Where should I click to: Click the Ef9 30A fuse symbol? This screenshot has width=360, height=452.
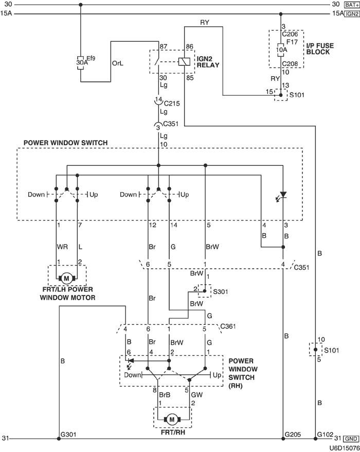pyautogui.click(x=80, y=62)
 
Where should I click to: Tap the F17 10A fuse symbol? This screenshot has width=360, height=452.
pyautogui.click(x=281, y=50)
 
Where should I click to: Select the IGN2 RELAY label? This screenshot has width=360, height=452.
pyautogui.click(x=208, y=62)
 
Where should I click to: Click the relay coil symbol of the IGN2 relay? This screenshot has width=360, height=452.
pyautogui.click(x=184, y=61)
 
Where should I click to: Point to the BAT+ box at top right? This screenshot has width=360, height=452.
pyautogui.click(x=352, y=5)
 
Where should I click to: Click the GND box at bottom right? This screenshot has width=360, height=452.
pyautogui.click(x=351, y=439)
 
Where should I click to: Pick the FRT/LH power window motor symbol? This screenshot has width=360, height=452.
pyautogui.click(x=67, y=278)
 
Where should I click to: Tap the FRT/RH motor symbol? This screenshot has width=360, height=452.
pyautogui.click(x=172, y=420)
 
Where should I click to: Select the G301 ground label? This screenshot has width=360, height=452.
pyautogui.click(x=68, y=434)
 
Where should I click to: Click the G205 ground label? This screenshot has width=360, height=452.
pyautogui.click(x=293, y=434)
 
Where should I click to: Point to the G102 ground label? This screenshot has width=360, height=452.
pyautogui.click(x=325, y=434)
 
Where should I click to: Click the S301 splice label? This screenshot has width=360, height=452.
pyautogui.click(x=220, y=292)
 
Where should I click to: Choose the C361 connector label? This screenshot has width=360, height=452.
pyautogui.click(x=228, y=326)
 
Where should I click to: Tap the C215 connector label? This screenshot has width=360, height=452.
pyautogui.click(x=172, y=103)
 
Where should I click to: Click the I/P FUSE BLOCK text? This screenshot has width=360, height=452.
pyautogui.click(x=320, y=49)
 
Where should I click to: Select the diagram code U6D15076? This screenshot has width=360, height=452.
pyautogui.click(x=345, y=448)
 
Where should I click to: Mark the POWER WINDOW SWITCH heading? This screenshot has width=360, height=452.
pyautogui.click(x=66, y=143)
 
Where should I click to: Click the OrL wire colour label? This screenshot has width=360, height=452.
pyautogui.click(x=117, y=63)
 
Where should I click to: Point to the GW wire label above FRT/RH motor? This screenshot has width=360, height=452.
pyautogui.click(x=196, y=395)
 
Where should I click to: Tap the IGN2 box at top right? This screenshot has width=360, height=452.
pyautogui.click(x=352, y=13)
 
